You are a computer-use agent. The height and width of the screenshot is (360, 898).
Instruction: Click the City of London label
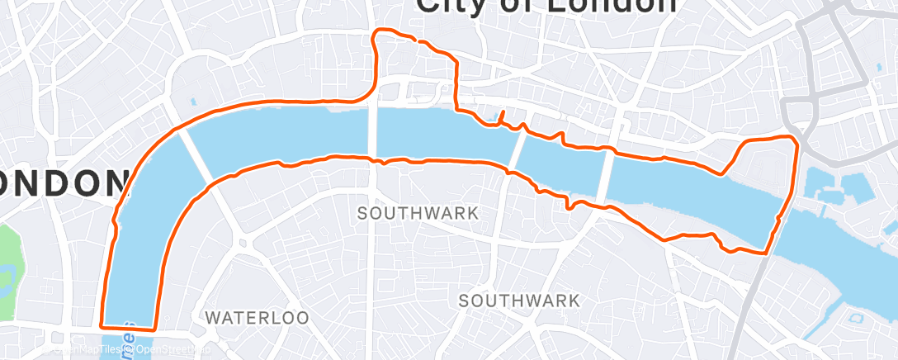pyautogui.click(x=546, y=7)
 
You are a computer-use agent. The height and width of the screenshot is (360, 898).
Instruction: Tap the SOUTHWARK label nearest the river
pyautogui.click(x=418, y=213)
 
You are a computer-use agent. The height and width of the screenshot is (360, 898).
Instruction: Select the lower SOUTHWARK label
pyautogui.click(x=520, y=300)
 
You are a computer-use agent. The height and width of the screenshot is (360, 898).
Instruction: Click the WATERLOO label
pyautogui.click(x=257, y=317)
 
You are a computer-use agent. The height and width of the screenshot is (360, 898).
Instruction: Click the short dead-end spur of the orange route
pyautogui.click(x=500, y=116)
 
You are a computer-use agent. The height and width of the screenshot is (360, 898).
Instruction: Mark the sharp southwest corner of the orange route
pyautogui.click(x=102, y=324)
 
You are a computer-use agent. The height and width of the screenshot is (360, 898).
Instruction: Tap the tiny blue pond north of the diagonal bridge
pyautogui.click(x=192, y=102)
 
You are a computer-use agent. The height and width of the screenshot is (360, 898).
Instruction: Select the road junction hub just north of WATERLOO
pyautogui.click(x=244, y=244)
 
